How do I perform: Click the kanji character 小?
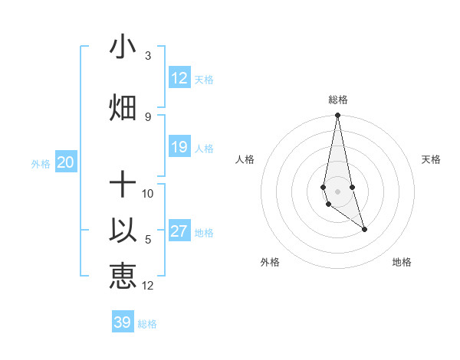tap(123, 47)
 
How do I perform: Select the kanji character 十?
tap(123, 185)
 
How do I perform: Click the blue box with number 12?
tap(179, 78)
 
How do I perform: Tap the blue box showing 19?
tap(179, 147)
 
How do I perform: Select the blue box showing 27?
tap(179, 231)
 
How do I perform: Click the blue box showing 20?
tap(66, 162)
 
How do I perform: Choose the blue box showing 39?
tap(123, 322)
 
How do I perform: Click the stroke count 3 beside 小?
tap(148, 56)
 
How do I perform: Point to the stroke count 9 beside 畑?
tap(148, 116)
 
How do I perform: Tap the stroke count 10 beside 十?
tap(148, 193)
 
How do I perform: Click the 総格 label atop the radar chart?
tap(338, 100)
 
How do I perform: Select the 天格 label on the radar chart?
tap(432, 159)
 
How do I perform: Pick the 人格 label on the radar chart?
tap(245, 159)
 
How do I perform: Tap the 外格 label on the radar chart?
tap(270, 262)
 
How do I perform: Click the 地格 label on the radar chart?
tap(402, 262)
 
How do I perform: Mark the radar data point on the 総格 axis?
tap(338, 116)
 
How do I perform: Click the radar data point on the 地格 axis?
tap(364, 229)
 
